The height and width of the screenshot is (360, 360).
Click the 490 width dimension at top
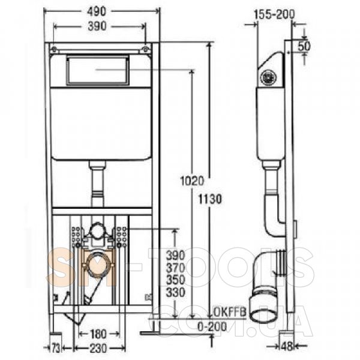point(97,11)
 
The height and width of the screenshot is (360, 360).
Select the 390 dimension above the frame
point(97,26)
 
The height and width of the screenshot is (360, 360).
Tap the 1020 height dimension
point(192,181)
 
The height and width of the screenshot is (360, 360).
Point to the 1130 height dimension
point(210,199)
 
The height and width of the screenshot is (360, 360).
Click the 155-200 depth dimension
point(274,14)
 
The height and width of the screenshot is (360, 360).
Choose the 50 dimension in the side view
point(304,46)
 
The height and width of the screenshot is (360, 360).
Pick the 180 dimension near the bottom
point(97,334)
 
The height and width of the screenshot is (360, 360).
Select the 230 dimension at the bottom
point(98,349)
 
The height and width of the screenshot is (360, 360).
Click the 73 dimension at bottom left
point(55,349)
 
